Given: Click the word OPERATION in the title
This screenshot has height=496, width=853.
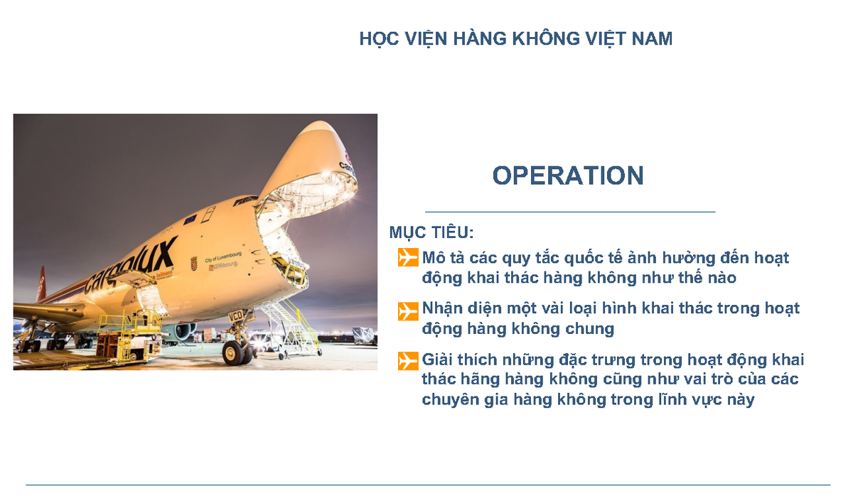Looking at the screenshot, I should pos(568,176).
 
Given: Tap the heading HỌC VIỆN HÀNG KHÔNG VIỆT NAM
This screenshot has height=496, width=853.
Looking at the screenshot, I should pos(515,38).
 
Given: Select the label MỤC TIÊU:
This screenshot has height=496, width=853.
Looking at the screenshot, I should pos(431,232).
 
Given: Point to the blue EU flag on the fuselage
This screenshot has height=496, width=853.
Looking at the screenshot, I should pos(190,220).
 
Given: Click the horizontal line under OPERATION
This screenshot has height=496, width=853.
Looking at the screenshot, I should pos(569,212).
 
